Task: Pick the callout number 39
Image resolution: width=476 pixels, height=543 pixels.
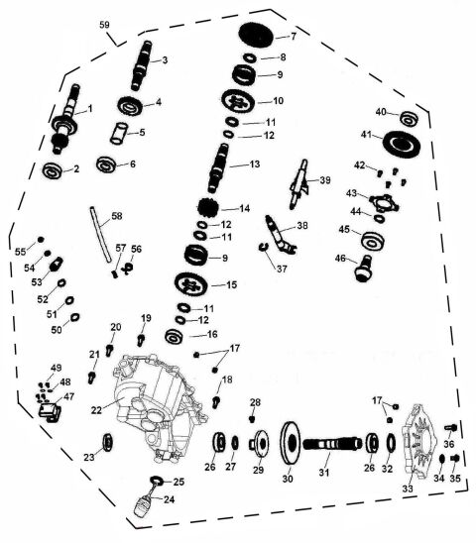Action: click(325, 179)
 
